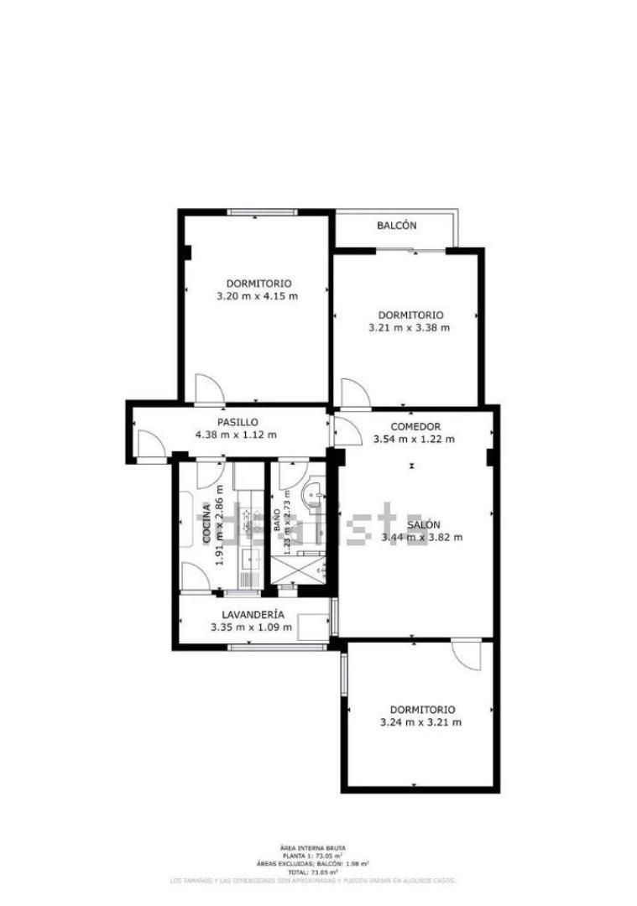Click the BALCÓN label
(396, 226)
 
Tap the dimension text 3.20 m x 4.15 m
(258, 296)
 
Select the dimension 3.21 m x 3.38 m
(410, 327)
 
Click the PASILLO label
(238, 422)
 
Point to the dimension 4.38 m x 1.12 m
(236, 435)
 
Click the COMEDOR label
(415, 426)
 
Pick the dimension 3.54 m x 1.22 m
(415, 439)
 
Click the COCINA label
(206, 524)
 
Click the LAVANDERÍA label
(252, 614)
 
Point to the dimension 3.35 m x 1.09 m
(252, 627)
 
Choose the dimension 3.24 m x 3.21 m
(421, 722)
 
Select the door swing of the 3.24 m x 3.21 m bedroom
(465, 655)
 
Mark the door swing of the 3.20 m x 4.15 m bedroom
(210, 388)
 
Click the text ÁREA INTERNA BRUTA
(312, 848)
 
